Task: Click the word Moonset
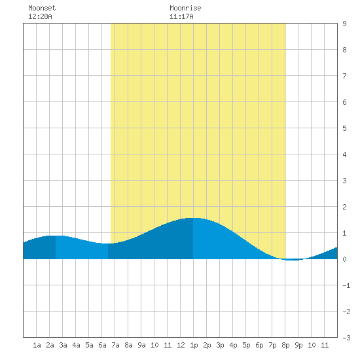pos(42,8)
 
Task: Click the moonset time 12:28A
pos(40,16)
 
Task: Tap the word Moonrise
pos(185,8)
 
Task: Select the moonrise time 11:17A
pos(181,16)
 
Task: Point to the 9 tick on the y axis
pos(344,24)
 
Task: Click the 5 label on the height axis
pos(344,128)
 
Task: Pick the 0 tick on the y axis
pos(344,259)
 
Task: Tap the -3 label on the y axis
pos(346,338)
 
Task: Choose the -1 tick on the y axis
pos(346,285)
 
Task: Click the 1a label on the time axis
pos(37,345)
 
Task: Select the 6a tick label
pos(102,345)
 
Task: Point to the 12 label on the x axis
pos(181,345)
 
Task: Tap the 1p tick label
pos(194,345)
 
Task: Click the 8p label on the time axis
pos(285,345)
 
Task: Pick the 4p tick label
pos(233,345)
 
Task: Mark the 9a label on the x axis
pos(141,345)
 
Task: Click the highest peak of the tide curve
pos(193,218)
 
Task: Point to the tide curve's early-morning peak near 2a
pos(56,236)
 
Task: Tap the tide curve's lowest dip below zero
pos(292,260)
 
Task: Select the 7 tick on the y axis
pos(344,76)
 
